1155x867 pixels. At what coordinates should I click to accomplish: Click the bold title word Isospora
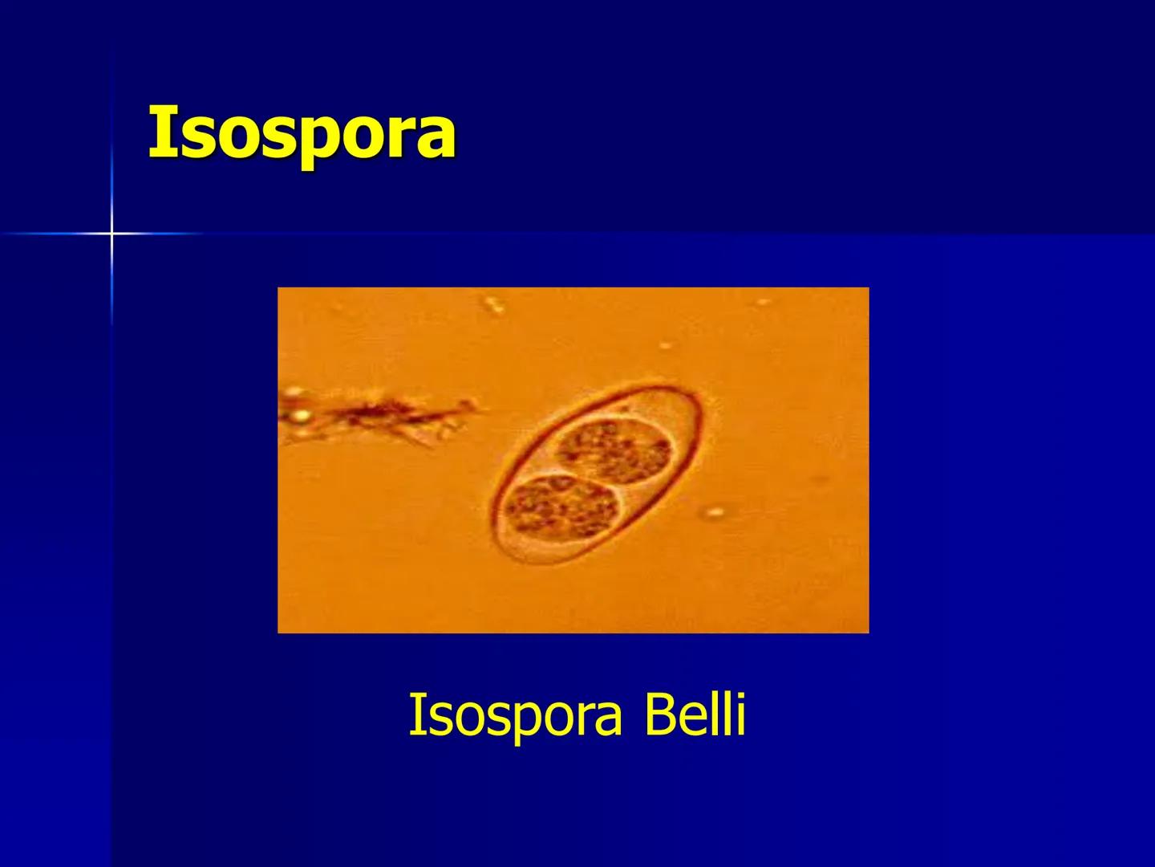pos(302,133)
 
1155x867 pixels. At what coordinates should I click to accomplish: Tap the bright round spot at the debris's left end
pos(302,415)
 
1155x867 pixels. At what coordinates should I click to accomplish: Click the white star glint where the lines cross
pos(111,234)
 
